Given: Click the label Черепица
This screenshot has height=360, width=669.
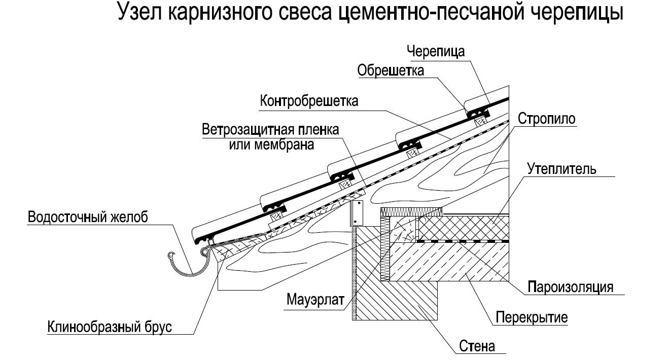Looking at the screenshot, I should point(436,51).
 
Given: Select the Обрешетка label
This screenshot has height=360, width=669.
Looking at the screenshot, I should point(391,70).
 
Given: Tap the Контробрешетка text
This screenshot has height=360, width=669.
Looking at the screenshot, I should point(309,101).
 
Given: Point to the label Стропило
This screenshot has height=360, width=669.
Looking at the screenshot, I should point(547,119).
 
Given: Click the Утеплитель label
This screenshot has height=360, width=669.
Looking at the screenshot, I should point(561,168).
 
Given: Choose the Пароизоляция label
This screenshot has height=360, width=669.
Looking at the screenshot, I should point(570,286).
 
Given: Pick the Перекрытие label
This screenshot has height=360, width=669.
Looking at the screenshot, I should point(532,318).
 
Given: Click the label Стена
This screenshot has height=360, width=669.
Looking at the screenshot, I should point(477,347).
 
